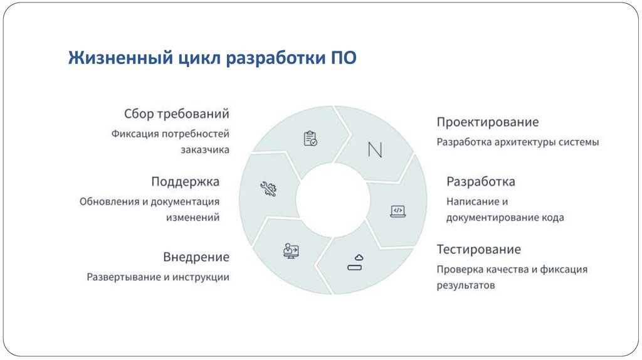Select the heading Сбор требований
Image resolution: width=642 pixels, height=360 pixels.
click(x=177, y=114)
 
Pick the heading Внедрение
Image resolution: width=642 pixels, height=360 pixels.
click(x=196, y=257)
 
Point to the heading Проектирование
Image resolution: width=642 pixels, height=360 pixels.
click(x=487, y=122)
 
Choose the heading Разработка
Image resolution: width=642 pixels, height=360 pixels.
click(x=480, y=181)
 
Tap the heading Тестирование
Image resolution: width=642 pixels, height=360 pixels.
click(x=478, y=250)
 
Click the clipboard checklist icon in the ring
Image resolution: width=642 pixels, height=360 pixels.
click(x=310, y=138)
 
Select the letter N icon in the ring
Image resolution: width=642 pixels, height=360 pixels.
click(x=375, y=150)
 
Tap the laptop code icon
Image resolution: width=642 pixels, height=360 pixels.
click(x=397, y=211)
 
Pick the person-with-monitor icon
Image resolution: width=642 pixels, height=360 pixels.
click(x=291, y=250)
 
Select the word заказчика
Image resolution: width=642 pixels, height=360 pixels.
click(x=205, y=150)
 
